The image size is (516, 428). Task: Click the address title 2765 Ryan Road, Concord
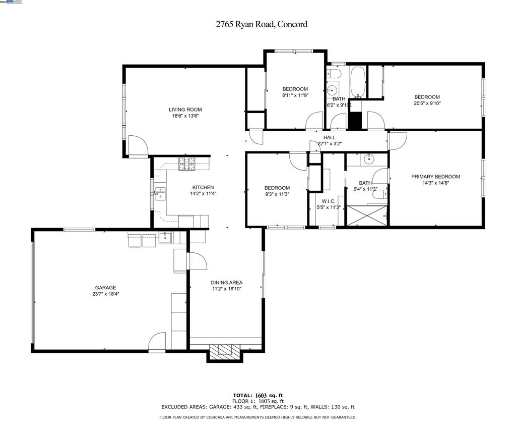pyautogui.click(x=262, y=24)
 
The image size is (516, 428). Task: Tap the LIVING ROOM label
pyautogui.click(x=185, y=110)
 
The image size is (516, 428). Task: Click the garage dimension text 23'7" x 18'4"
pyautogui.click(x=106, y=294)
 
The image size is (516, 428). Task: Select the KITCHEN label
pyautogui.click(x=203, y=187)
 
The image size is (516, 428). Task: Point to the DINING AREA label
pyautogui.click(x=226, y=282)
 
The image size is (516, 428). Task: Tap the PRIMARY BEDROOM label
pyautogui.click(x=436, y=177)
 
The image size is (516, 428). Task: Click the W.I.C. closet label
pyautogui.click(x=329, y=201)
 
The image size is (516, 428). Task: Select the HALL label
pyautogui.click(x=330, y=137)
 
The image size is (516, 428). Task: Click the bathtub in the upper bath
pyautogui.click(x=357, y=82)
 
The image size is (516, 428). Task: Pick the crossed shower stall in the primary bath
pyautogui.click(x=367, y=216)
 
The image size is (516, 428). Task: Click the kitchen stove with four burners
pyautogui.click(x=186, y=164)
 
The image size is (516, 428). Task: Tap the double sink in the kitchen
pyautogui.click(x=160, y=193)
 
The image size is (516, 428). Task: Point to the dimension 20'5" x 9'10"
pyautogui.click(x=427, y=103)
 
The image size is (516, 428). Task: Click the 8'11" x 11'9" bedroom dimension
pyautogui.click(x=295, y=95)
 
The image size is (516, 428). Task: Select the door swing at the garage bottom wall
pyautogui.click(x=157, y=342)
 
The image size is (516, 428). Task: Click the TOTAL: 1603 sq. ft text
pyautogui.click(x=258, y=395)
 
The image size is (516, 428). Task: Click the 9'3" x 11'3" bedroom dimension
pyautogui.click(x=277, y=194)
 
